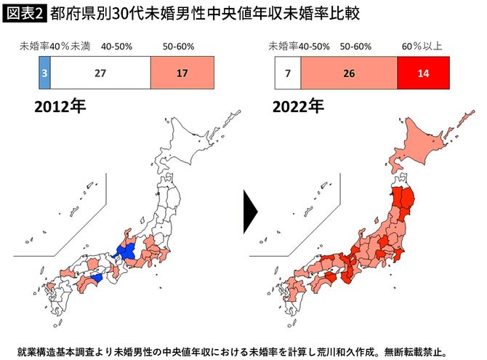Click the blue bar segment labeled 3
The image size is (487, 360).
(x=44, y=73)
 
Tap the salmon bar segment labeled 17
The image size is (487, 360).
(x=182, y=73)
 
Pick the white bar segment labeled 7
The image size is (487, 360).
(x=288, y=73)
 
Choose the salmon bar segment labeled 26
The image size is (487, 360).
(x=350, y=73)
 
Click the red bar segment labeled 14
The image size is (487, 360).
(x=424, y=73)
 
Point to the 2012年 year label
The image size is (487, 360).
(x=60, y=107)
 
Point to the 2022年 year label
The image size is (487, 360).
(x=299, y=107)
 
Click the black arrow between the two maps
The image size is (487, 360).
(x=251, y=210)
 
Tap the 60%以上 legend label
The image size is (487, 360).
(x=423, y=47)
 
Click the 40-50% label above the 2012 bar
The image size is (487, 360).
(x=117, y=47)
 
